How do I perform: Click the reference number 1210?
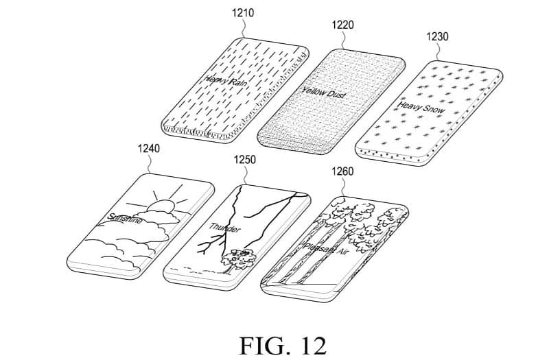tap(243, 12)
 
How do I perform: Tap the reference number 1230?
tap(437, 37)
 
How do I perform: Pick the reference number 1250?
tap(244, 160)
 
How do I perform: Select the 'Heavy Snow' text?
tap(421, 106)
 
